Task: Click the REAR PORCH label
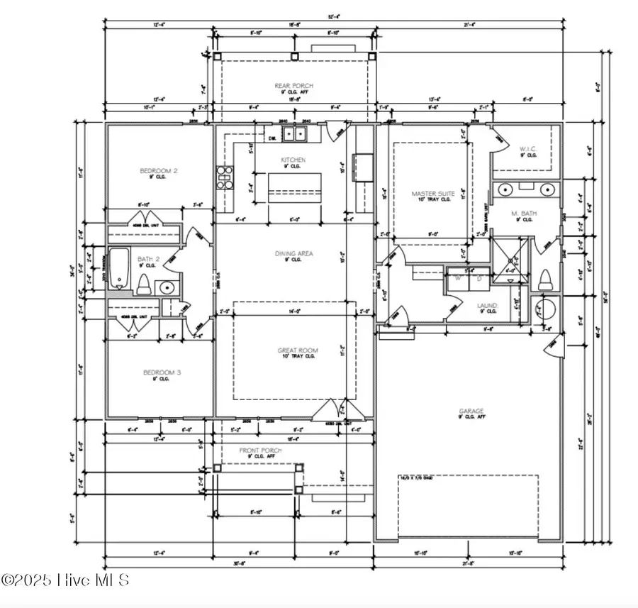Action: pos(293,86)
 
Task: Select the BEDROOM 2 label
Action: pos(158,171)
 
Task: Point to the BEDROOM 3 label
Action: pos(158,372)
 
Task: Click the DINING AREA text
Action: pos(294,253)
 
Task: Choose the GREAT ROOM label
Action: pos(297,350)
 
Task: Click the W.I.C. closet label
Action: pos(527,149)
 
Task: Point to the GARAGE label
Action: pos(471,411)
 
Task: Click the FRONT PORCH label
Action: pos(260,451)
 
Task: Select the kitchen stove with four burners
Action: pos(225,178)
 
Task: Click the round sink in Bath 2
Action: pos(167,288)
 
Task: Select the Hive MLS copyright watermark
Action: pos(65,580)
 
